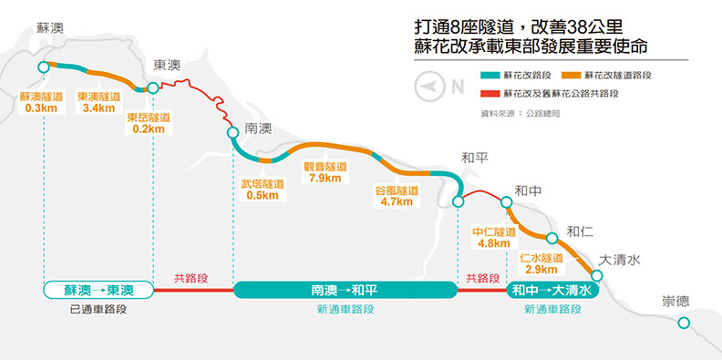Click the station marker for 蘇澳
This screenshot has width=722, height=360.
click(43, 67)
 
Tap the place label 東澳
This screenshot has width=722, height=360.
click(167, 66)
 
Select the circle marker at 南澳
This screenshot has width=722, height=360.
click(232, 133)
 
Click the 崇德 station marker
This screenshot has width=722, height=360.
click(685, 323)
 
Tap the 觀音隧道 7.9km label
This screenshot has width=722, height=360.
click(325, 172)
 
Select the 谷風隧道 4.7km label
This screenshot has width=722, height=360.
click(397, 196)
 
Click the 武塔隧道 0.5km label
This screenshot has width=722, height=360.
click(263, 190)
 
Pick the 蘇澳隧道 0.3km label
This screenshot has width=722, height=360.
click(41, 102)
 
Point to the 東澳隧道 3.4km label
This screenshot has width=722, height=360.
click(98, 102)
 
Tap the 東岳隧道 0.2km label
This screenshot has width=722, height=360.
click(149, 123)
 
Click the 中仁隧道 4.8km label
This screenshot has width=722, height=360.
click(493, 237)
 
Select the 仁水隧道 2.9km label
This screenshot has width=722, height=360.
click(541, 263)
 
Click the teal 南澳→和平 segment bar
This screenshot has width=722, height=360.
click(345, 290)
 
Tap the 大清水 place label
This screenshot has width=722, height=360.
click(620, 261)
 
